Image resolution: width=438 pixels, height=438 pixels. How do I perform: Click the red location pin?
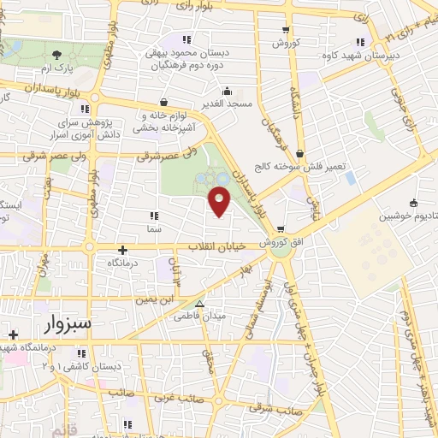point(221,202)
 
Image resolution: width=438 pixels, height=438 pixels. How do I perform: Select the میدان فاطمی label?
point(200,317)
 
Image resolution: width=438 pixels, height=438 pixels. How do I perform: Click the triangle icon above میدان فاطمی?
point(200,304)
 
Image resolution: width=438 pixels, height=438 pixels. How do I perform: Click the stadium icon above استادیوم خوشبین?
point(413,203)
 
